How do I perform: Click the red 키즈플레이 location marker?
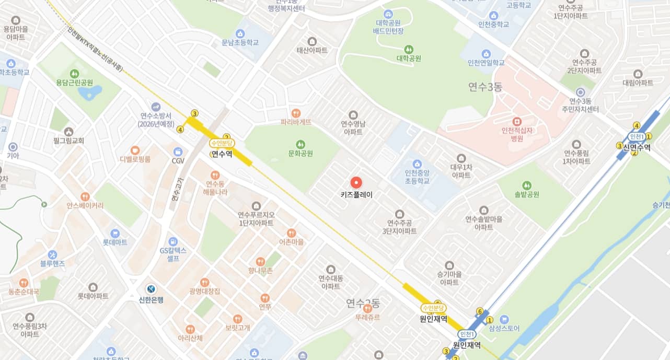[x=356, y=182]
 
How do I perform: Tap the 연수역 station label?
[x=221, y=154]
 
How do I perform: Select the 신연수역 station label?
[x=637, y=147]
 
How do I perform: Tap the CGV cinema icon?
[x=178, y=151]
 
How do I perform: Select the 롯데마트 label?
[x=115, y=242]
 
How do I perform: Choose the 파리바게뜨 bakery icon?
[x=296, y=112]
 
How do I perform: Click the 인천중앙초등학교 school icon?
[x=417, y=163]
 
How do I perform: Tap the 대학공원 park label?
[x=409, y=59]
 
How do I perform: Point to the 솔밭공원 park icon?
[x=526, y=185]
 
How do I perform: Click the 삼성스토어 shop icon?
[x=504, y=319]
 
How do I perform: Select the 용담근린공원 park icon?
[x=75, y=73]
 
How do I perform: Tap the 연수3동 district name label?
[x=485, y=87]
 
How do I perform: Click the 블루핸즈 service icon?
[x=52, y=254]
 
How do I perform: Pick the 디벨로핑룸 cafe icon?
[x=135, y=149]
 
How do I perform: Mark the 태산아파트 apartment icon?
[x=312, y=41]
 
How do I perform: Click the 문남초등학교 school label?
[x=240, y=43]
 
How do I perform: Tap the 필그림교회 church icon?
[x=68, y=131]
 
